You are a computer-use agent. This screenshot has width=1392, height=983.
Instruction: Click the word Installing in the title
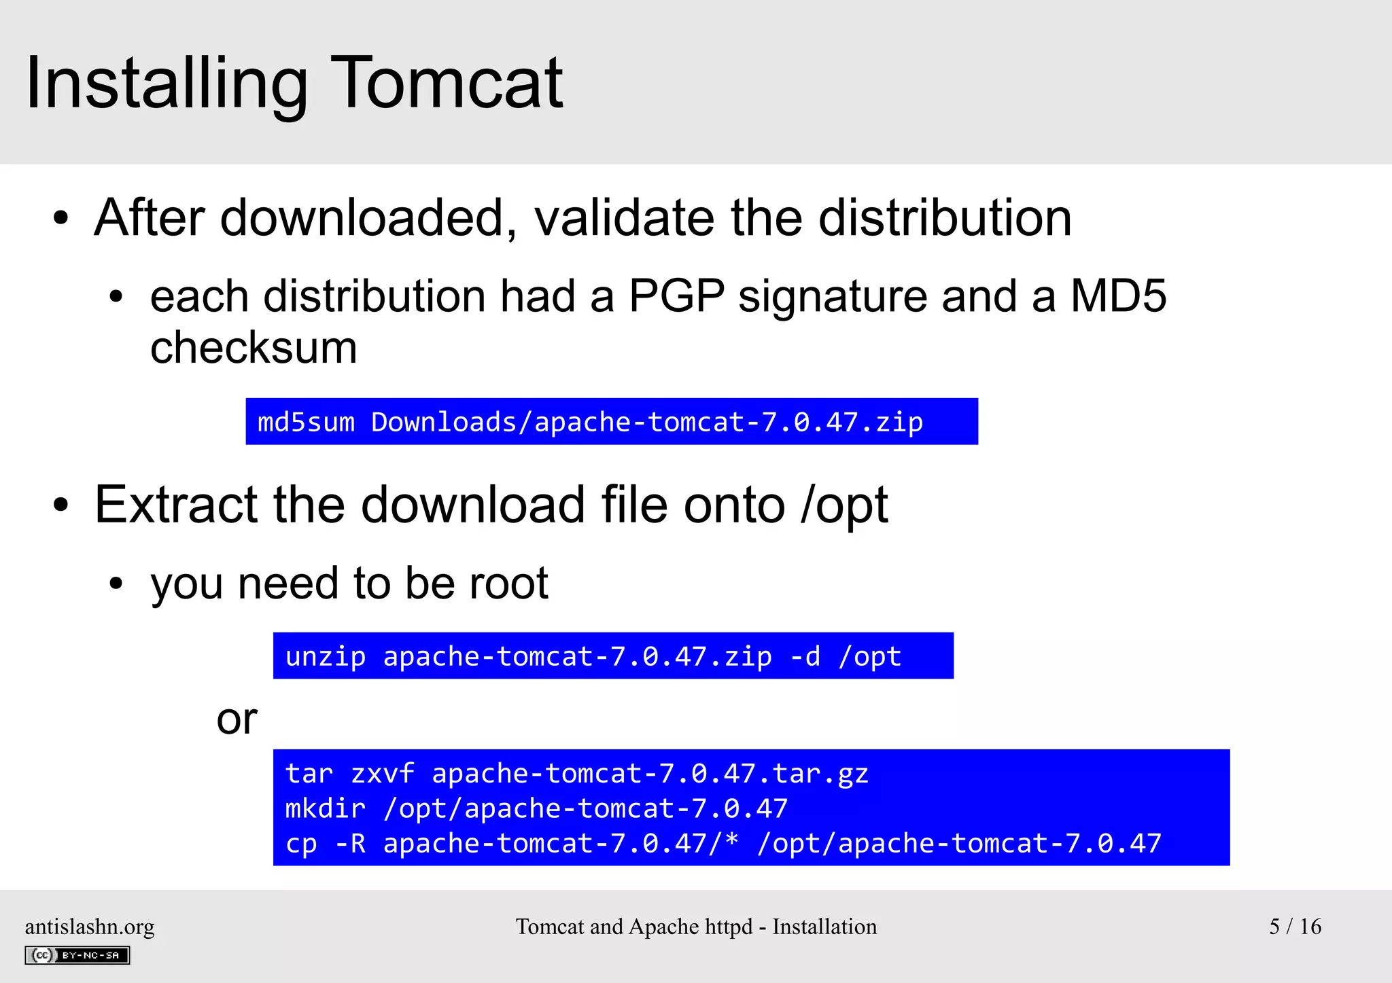click(167, 85)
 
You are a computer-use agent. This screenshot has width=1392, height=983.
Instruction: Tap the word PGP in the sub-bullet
click(676, 296)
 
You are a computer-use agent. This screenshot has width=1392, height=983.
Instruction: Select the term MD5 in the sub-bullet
click(1118, 296)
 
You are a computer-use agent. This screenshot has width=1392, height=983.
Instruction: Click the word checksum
click(254, 348)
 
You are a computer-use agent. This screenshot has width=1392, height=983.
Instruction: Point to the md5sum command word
click(306, 423)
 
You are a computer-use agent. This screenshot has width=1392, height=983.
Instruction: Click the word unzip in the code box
click(326, 656)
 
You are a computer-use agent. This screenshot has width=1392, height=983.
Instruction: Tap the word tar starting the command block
click(309, 774)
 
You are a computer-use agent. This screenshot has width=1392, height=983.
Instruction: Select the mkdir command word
click(326, 808)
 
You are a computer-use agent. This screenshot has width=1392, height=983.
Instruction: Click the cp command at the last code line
click(301, 844)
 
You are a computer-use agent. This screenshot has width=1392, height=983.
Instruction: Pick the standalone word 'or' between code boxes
click(237, 719)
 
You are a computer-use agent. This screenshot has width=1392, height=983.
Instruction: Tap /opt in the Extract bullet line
click(844, 505)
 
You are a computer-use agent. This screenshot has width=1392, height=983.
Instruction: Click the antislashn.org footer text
click(90, 927)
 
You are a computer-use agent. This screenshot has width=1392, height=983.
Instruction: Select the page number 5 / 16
click(1295, 927)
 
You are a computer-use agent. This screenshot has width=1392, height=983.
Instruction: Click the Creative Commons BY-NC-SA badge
click(77, 955)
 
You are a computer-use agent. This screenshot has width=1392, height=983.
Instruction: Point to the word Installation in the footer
click(824, 927)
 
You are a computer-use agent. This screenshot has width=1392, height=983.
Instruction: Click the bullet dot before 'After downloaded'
click(61, 219)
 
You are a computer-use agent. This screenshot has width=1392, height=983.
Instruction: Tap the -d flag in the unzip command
click(805, 656)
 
